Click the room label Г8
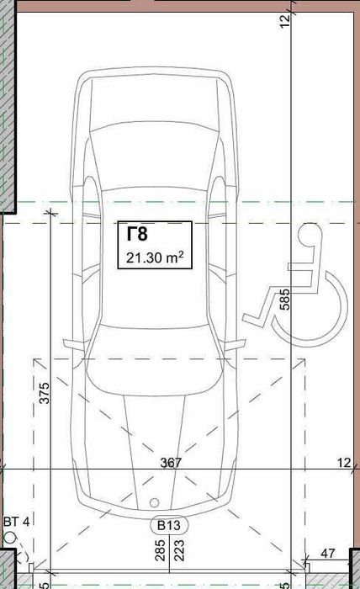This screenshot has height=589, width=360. point(137,235)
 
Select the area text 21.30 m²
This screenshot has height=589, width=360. point(155,257)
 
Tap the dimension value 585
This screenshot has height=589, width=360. point(285,299)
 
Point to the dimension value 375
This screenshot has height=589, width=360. point(45,393)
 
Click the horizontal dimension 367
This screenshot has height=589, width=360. point(171,463)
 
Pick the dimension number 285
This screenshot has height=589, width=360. point(161,550)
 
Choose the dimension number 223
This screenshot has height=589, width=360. point(179,550)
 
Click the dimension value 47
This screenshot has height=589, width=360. point(328,553)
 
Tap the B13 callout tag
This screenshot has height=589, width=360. point(168,525)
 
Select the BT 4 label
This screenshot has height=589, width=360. point(17,522)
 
